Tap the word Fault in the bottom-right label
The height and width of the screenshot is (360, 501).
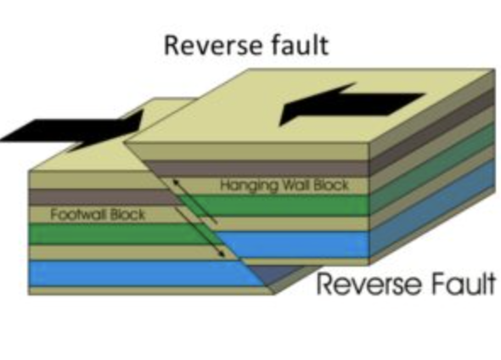458,284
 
